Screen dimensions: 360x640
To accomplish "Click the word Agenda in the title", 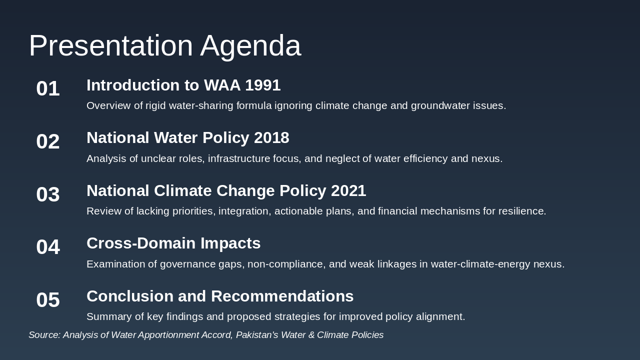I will tap(250, 46).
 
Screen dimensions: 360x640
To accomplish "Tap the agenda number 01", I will tap(48, 89).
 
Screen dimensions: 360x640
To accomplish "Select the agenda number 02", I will tap(48, 141).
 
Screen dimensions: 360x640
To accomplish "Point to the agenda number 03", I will tap(48, 194).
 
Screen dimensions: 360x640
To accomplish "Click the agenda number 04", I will tap(48, 247).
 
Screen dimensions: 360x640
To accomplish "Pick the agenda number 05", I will tap(48, 300).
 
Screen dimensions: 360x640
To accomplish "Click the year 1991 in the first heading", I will tap(262, 85).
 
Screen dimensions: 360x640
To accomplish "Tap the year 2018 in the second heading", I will tap(271, 138).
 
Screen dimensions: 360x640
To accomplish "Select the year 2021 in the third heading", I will tap(348, 191).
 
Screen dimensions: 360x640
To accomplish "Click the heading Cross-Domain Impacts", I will tap(173, 243).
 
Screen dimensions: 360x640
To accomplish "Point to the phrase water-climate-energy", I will tap(480, 264).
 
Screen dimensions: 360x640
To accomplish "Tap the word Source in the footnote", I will tap(44, 335).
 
